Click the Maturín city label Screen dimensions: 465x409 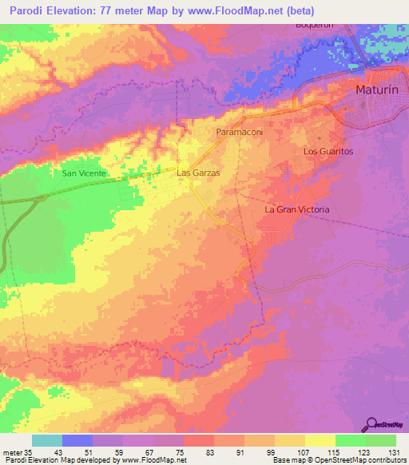click(375, 91)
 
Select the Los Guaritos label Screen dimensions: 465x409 click(328, 151)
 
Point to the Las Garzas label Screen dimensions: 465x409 click(198, 172)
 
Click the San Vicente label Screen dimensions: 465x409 click(84, 173)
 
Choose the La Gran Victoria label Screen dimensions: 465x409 click(297, 209)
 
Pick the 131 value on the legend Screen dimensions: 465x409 click(392, 451)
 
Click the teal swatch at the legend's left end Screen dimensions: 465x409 click(47, 440)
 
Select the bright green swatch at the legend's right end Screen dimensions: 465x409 click(381, 440)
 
